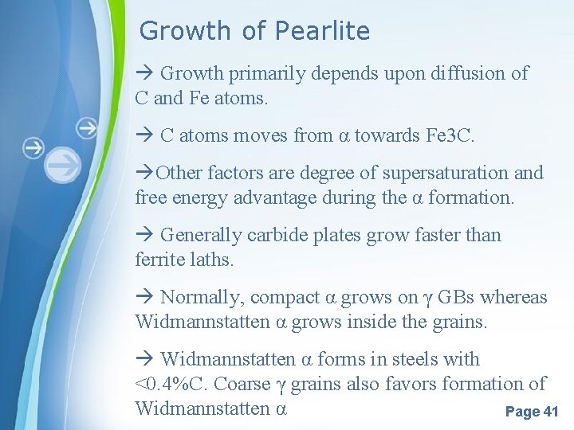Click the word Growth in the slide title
tap(185, 31)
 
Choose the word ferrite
tap(158, 260)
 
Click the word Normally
tap(202, 298)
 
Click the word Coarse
tap(243, 384)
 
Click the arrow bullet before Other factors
tap(144, 173)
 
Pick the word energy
tap(196, 197)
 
